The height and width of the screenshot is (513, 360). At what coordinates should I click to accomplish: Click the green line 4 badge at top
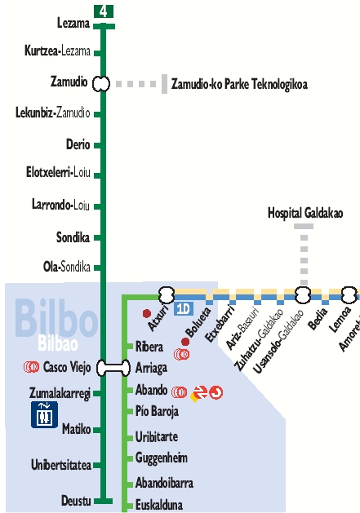[x=103, y=11]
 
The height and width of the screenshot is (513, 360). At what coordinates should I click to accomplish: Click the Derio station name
[x=78, y=144]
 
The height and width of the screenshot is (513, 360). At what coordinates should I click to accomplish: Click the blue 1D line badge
[x=183, y=308]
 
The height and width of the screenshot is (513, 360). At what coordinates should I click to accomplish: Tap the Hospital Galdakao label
[x=305, y=213]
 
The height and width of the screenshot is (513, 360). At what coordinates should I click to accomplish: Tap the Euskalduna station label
[x=159, y=504]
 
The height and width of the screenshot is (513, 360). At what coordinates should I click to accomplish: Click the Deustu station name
[x=75, y=500]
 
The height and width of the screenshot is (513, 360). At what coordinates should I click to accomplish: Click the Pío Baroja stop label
[x=157, y=411]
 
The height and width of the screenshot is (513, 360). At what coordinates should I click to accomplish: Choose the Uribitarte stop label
[x=157, y=436]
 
